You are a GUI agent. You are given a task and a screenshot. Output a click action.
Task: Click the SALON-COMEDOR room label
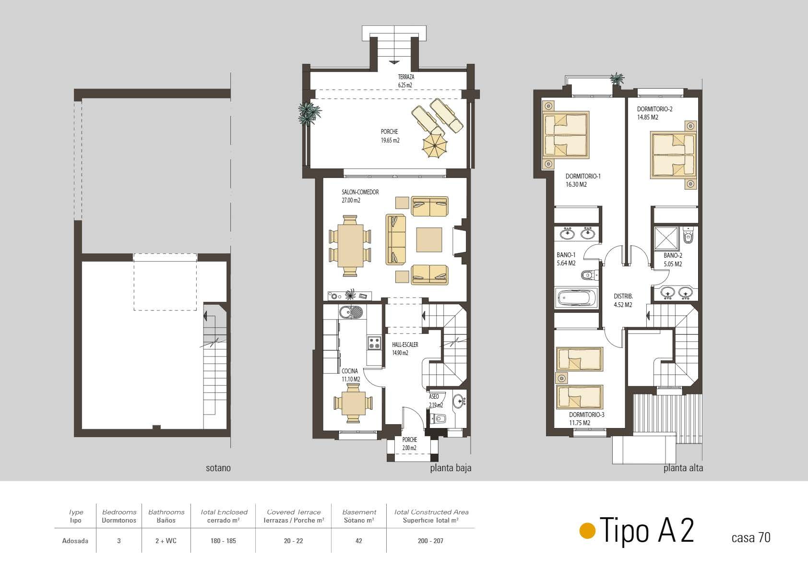(360, 192)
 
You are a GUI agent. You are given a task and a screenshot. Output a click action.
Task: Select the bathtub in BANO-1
(576, 297)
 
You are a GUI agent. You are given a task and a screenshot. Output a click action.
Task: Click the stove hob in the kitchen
(374, 343)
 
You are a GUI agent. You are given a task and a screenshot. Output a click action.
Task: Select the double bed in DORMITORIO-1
(566, 135)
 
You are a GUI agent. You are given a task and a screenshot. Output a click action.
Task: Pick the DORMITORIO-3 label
(586, 415)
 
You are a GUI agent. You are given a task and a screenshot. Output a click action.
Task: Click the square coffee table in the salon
(429, 239)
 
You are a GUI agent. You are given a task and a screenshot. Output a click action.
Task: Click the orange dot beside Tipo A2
(587, 531)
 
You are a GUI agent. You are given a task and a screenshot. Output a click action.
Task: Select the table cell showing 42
(358, 541)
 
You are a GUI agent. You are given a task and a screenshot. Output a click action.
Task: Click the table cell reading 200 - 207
(430, 541)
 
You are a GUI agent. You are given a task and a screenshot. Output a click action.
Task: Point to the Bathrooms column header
(166, 516)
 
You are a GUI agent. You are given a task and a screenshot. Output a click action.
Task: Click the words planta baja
(451, 468)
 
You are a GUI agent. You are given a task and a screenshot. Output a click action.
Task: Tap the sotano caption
(218, 468)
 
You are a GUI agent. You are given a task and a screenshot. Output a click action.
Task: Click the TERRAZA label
(406, 77)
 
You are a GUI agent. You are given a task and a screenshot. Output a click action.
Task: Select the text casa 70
(751, 538)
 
